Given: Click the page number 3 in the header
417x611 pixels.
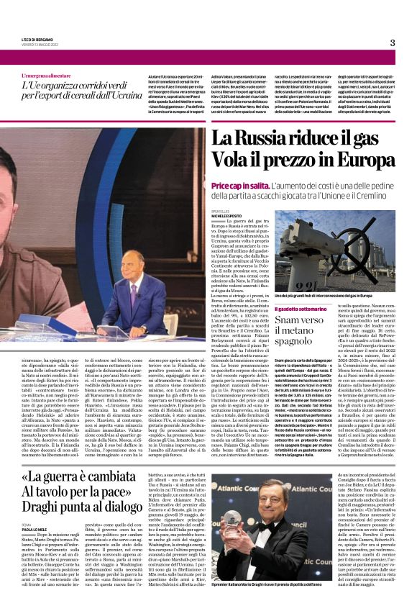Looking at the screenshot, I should point(392,42).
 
